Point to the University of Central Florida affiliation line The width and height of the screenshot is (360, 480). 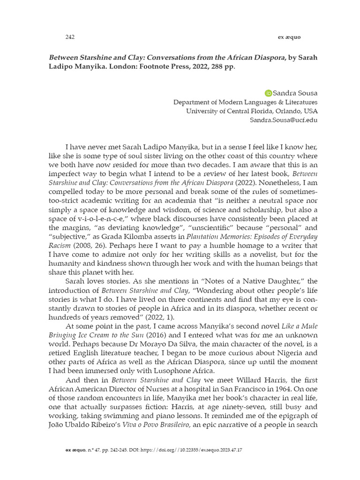coord(251,111)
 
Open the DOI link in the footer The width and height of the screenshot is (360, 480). coord(197,450)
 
